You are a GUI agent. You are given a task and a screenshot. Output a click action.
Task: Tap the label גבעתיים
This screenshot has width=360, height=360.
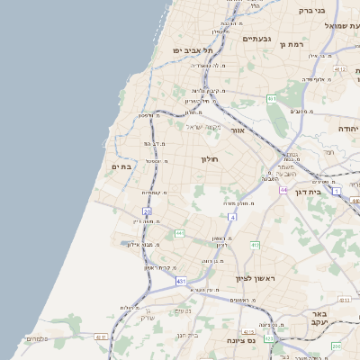pyautogui.click(x=257, y=39)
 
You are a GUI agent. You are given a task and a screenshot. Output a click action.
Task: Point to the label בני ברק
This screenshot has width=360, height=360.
pyautogui.click(x=310, y=11)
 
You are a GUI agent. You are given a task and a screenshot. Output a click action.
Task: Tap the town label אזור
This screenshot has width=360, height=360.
pyautogui.click(x=238, y=130)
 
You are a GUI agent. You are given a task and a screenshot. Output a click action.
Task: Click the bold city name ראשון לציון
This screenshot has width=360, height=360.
pyautogui.click(x=256, y=279)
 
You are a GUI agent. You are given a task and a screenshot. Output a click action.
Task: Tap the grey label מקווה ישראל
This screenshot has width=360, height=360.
pyautogui.click(x=202, y=126)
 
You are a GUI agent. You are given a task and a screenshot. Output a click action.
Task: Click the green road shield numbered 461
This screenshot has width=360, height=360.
pyautogui.click(x=272, y=99)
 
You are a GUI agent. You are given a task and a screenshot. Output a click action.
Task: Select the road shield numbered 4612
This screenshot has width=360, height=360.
pyautogui.click(x=339, y=68)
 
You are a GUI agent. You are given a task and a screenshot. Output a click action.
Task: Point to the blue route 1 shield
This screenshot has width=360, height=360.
pyautogui.click(x=336, y=192)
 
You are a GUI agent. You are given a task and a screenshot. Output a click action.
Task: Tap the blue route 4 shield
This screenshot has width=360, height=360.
pyautogui.click(x=232, y=217)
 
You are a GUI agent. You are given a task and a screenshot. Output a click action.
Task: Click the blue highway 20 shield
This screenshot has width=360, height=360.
pyautogui.click(x=147, y=211)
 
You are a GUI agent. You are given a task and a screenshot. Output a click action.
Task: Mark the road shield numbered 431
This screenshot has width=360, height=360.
pyautogui.click(x=181, y=282)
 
